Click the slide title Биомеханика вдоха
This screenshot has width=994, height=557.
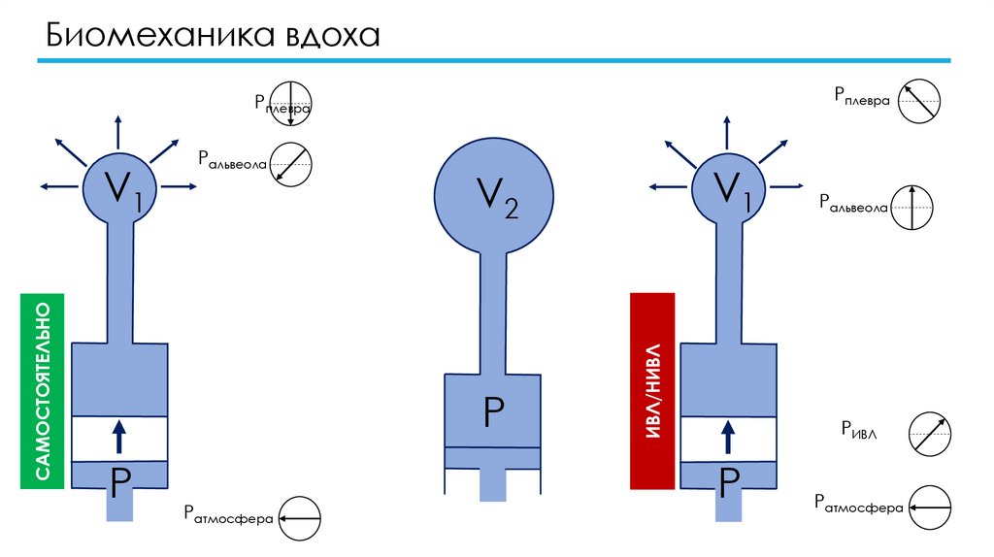tap(210, 38)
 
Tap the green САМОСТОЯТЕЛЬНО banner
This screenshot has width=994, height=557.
tap(42, 390)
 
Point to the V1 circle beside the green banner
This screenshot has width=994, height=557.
tap(119, 186)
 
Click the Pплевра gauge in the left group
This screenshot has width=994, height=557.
tap(289, 102)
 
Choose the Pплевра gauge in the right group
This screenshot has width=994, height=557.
tap(919, 101)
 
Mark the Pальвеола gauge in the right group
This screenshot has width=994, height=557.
tap(911, 206)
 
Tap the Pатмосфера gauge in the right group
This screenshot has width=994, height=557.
tap(929, 508)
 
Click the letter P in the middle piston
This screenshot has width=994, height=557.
tap(492, 414)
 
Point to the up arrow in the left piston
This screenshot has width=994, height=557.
tap(119, 436)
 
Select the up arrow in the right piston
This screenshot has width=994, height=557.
tap(728, 436)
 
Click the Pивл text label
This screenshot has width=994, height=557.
tap(859, 431)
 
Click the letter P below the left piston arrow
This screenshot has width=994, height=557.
tap(119, 479)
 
